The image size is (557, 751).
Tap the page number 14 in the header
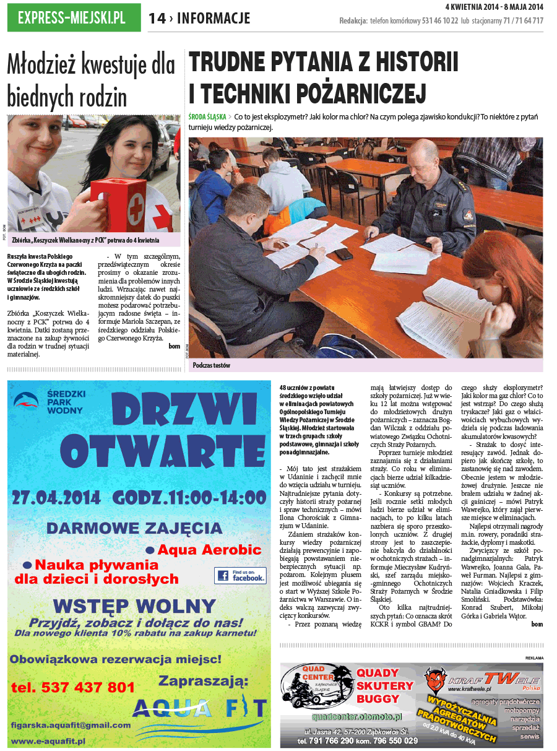click(x=157, y=19)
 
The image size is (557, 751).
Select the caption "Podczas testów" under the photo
click(x=211, y=365)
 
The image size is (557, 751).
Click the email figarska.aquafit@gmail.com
click(x=71, y=725)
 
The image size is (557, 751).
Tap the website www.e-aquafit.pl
click(x=48, y=740)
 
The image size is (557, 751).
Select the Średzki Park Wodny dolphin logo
click(x=27, y=401)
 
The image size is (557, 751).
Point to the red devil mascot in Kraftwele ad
click(x=436, y=682)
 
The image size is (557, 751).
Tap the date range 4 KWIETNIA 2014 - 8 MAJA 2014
click(x=494, y=7)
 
